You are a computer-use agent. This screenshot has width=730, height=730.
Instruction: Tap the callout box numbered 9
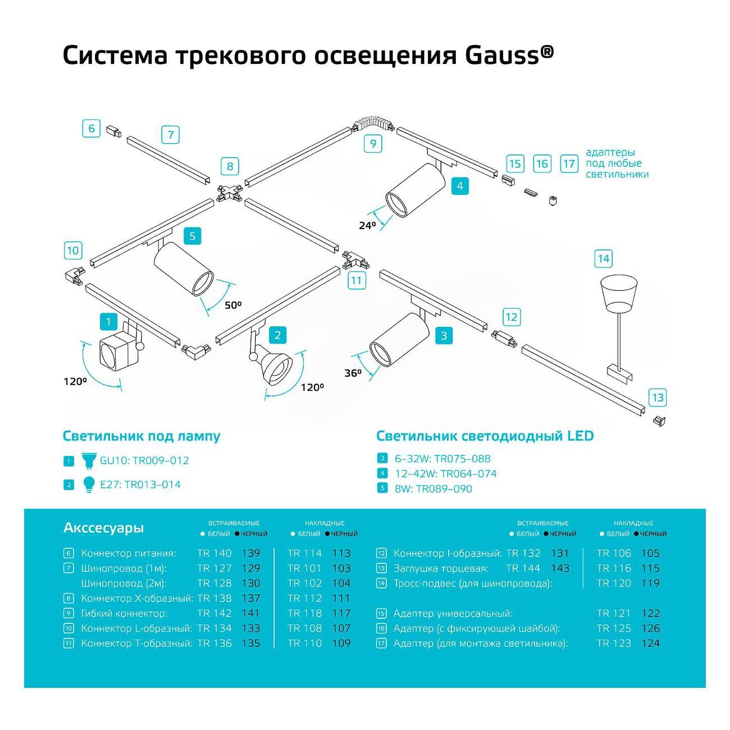coord(373,144)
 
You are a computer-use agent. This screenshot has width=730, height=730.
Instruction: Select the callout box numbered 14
coord(603,258)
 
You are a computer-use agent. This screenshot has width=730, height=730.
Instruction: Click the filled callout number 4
coord(460,185)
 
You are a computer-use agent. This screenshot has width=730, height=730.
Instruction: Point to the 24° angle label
coord(367,225)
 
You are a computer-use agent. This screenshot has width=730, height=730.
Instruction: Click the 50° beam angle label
coord(233,305)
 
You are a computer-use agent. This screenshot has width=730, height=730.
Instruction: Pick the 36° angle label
coord(353,373)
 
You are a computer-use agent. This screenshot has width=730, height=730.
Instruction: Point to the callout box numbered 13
coord(657,398)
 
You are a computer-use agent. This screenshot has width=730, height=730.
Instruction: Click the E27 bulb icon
coord(89,484)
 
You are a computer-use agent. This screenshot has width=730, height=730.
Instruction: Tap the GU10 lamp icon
coord(89,460)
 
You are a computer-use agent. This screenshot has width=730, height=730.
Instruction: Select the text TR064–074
coord(468,473)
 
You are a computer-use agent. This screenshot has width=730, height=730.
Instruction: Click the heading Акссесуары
coord(103,528)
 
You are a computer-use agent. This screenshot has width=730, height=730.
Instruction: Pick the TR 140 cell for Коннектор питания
coord(215,553)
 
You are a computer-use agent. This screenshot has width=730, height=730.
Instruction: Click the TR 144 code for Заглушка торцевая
coord(523,568)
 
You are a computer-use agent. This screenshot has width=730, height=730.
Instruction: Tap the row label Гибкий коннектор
coord(124,613)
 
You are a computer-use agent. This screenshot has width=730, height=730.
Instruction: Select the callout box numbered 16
coord(541,163)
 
